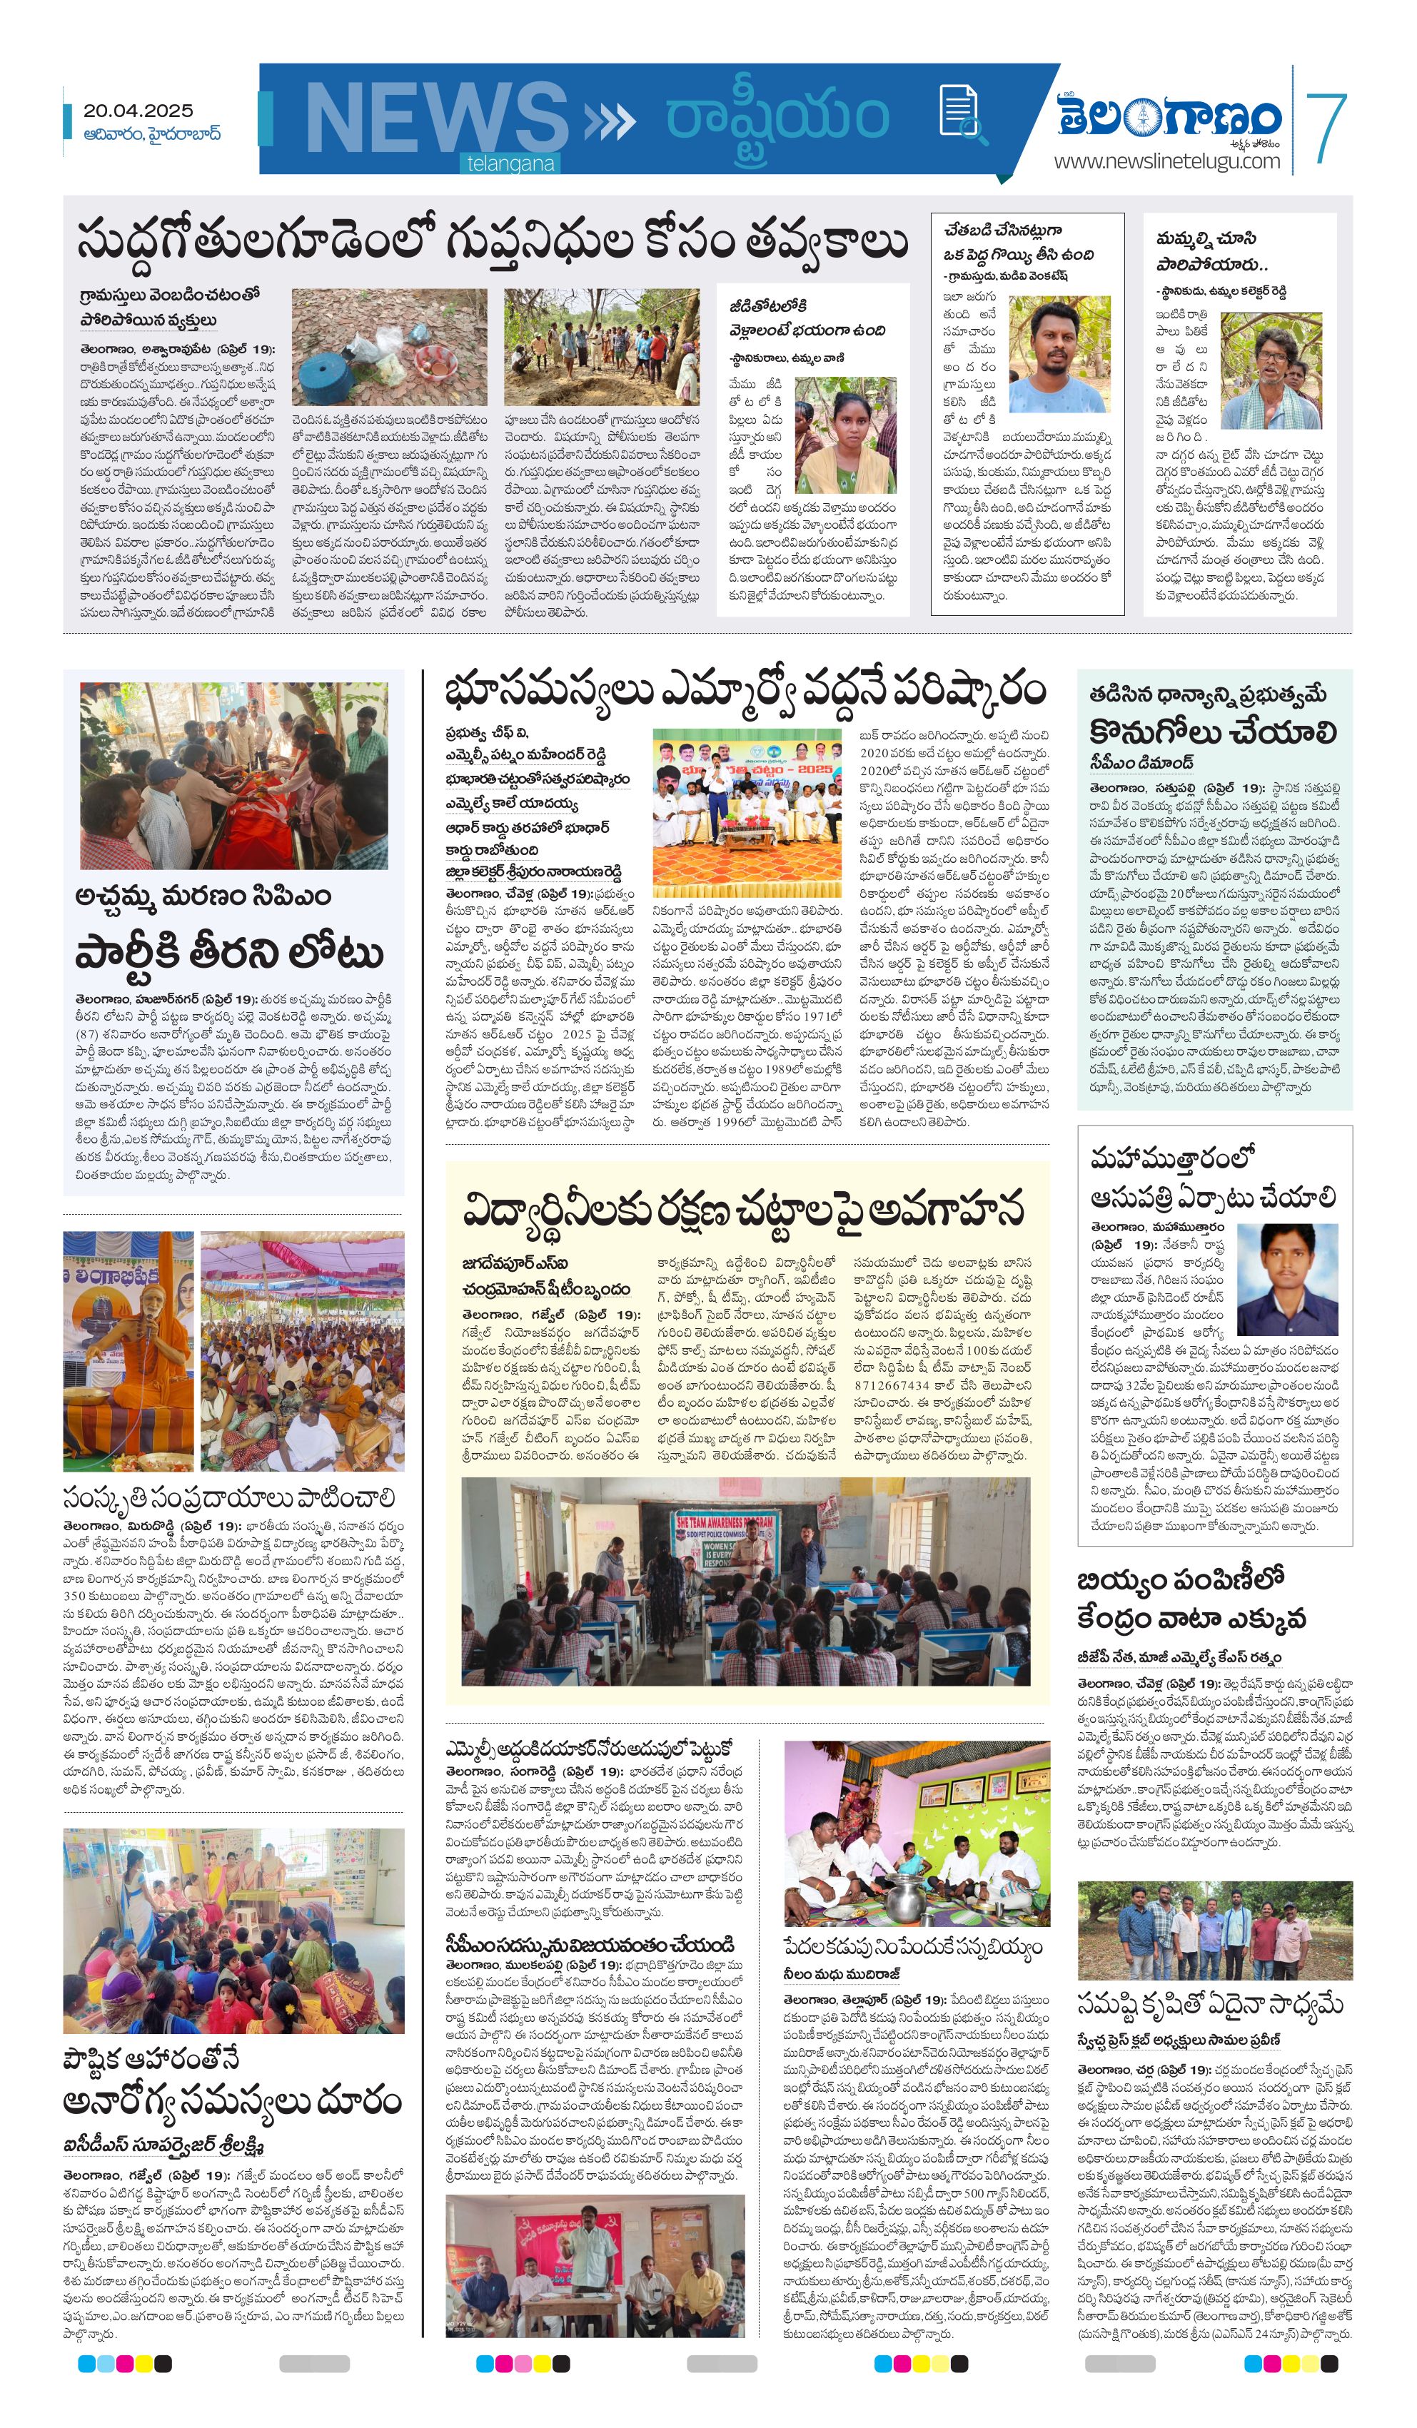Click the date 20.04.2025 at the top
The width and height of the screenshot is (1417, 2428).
pos(138,111)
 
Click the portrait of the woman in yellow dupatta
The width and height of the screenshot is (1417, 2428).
pos(845,435)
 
